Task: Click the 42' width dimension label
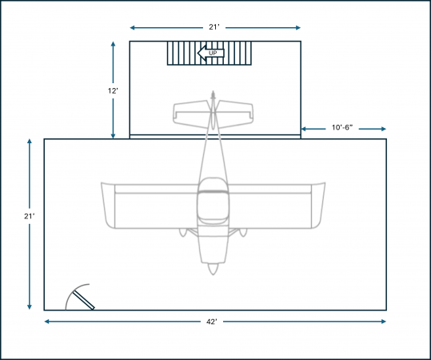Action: click(x=211, y=322)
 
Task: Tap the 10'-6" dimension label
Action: click(x=342, y=128)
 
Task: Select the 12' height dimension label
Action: click(x=113, y=90)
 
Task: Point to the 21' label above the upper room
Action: click(x=214, y=27)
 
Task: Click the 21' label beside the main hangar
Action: click(x=30, y=217)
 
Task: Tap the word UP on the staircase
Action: click(x=213, y=53)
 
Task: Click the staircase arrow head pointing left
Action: click(x=202, y=53)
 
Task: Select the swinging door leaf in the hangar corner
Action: click(x=83, y=300)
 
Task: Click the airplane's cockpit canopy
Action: click(x=213, y=201)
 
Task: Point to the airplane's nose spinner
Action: click(x=213, y=269)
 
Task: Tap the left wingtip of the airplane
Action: click(x=108, y=205)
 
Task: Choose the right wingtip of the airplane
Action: click(x=318, y=205)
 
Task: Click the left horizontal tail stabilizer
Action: click(x=191, y=114)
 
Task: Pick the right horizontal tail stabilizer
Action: click(x=235, y=114)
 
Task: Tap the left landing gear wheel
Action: click(x=183, y=232)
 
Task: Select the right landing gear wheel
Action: click(x=243, y=232)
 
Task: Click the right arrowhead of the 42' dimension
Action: click(x=384, y=322)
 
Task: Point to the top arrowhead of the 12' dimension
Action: click(x=113, y=44)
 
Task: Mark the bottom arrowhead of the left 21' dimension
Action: click(x=30, y=307)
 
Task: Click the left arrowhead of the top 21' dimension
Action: click(x=133, y=27)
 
